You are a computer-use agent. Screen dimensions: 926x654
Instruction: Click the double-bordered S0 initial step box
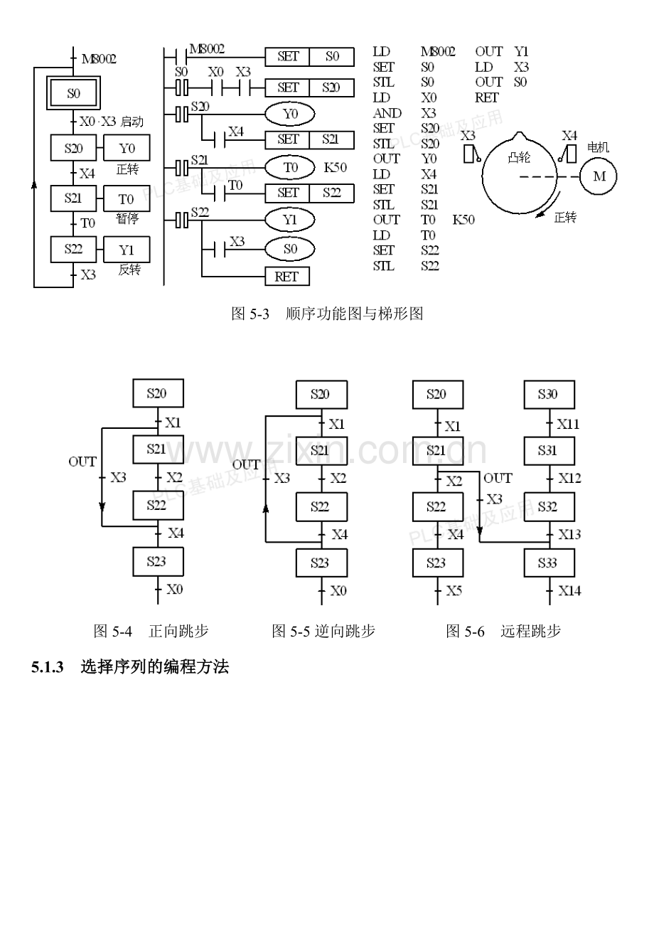click(x=74, y=92)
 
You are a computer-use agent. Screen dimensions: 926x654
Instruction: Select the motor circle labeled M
click(x=599, y=176)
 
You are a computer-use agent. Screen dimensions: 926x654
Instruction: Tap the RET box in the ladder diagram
click(x=286, y=276)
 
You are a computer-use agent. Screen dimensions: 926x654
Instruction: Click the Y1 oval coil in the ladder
click(x=289, y=220)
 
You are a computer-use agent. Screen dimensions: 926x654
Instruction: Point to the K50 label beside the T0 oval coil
click(x=335, y=168)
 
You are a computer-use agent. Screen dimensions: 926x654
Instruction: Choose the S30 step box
click(x=548, y=395)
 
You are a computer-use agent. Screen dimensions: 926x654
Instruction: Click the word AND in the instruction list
click(x=387, y=113)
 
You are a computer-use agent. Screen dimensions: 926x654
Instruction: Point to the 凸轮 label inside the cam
click(x=519, y=157)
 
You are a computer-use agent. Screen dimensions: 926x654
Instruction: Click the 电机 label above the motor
click(x=599, y=148)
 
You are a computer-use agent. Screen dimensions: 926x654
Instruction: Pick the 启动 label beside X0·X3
click(x=132, y=122)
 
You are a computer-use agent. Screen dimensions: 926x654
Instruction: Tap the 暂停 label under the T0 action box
click(x=127, y=219)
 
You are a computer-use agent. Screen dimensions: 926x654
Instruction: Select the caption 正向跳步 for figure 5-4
click(x=178, y=631)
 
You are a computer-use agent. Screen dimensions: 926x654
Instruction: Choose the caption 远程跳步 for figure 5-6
click(x=530, y=631)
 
